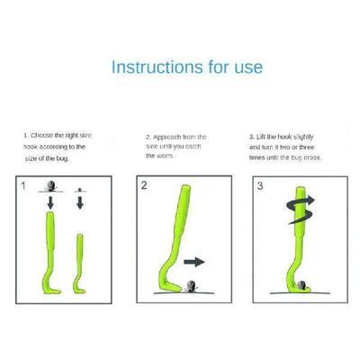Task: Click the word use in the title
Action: pyautogui.click(x=246, y=67)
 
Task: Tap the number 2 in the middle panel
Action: pyautogui.click(x=145, y=187)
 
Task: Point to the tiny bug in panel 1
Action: pyautogui.click(x=79, y=190)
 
